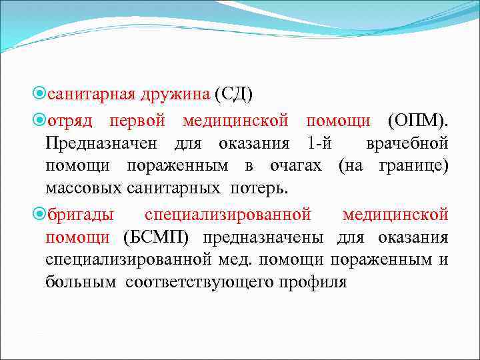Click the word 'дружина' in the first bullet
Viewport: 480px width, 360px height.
click(x=175, y=95)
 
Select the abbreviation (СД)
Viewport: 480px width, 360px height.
click(x=233, y=95)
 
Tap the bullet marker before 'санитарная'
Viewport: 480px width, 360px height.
click(x=39, y=95)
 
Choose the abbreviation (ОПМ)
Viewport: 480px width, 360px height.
click(x=418, y=121)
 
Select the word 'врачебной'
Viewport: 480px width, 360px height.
click(x=407, y=143)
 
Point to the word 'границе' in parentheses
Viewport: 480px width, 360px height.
click(x=415, y=165)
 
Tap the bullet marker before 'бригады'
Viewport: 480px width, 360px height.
click(x=39, y=214)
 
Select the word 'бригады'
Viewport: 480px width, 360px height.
click(x=79, y=214)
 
